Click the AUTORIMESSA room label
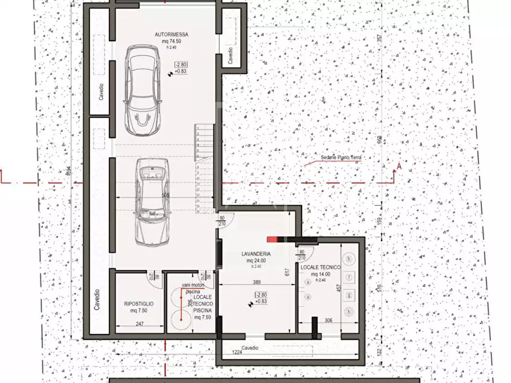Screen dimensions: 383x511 click(x=171, y=34)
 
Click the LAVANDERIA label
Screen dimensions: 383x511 click(x=255, y=253)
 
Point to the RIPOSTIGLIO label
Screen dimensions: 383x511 click(x=138, y=304)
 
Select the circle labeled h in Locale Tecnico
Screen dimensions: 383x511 click(x=348, y=311)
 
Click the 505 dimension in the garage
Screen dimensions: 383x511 click(x=165, y=196)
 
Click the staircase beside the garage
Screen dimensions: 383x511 click(x=205, y=169)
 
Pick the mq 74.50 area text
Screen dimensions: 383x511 click(x=171, y=42)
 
